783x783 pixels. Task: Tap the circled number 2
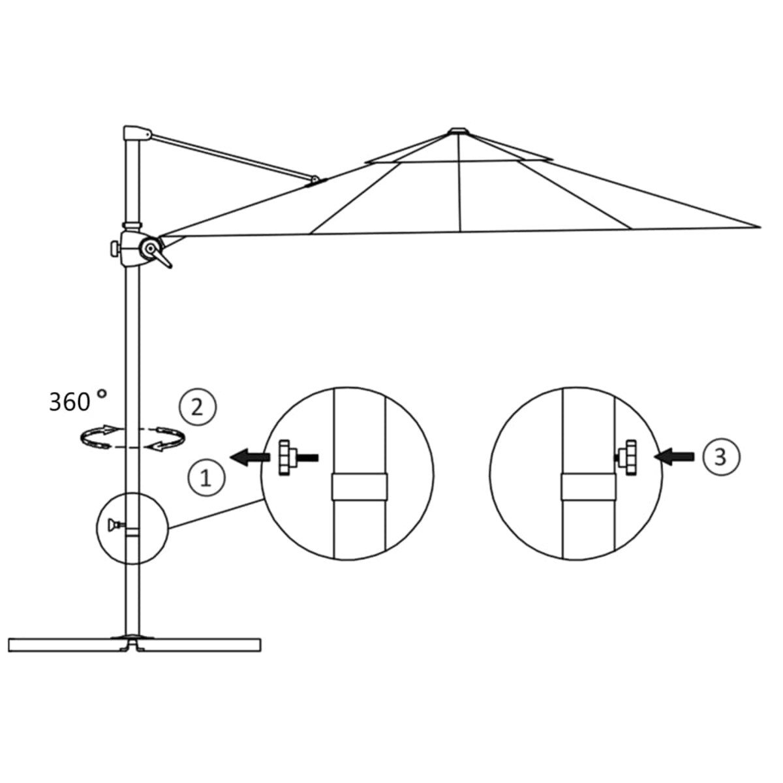[197, 408]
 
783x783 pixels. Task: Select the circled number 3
[720, 457]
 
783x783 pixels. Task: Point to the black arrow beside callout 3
[677, 457]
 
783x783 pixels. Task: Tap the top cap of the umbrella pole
[136, 132]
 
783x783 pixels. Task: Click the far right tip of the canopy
[758, 227]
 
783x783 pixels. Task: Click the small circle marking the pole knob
[132, 527]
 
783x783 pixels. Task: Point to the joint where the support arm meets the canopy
[315, 179]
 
